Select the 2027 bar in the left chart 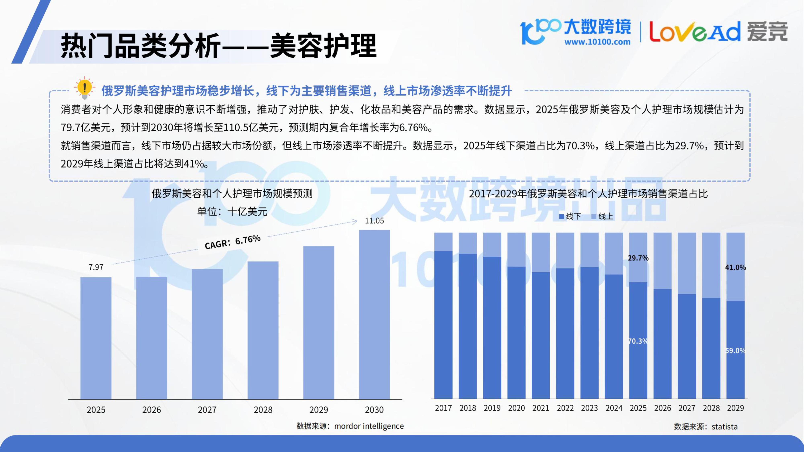pyautogui.click(x=207, y=334)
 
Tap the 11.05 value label pyautogui.click(x=374, y=221)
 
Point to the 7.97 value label pyautogui.click(x=96, y=267)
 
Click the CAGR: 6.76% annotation pyautogui.click(x=233, y=242)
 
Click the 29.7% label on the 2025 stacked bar pyautogui.click(x=638, y=258)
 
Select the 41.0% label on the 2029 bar pyautogui.click(x=735, y=267)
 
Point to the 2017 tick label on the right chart pyautogui.click(x=443, y=408)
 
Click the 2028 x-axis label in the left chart pyautogui.click(x=263, y=410)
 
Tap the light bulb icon pyautogui.click(x=84, y=88)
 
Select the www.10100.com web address pyautogui.click(x=597, y=42)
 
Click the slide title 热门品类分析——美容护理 pyautogui.click(x=218, y=46)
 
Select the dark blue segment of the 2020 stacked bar pyautogui.click(x=516, y=332)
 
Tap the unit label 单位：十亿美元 pyautogui.click(x=232, y=212)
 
